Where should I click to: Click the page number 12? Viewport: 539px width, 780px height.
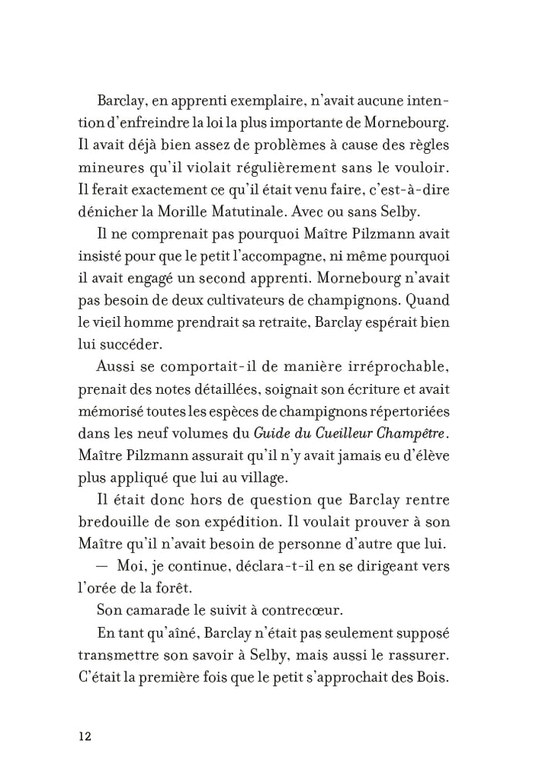tap(85, 736)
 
